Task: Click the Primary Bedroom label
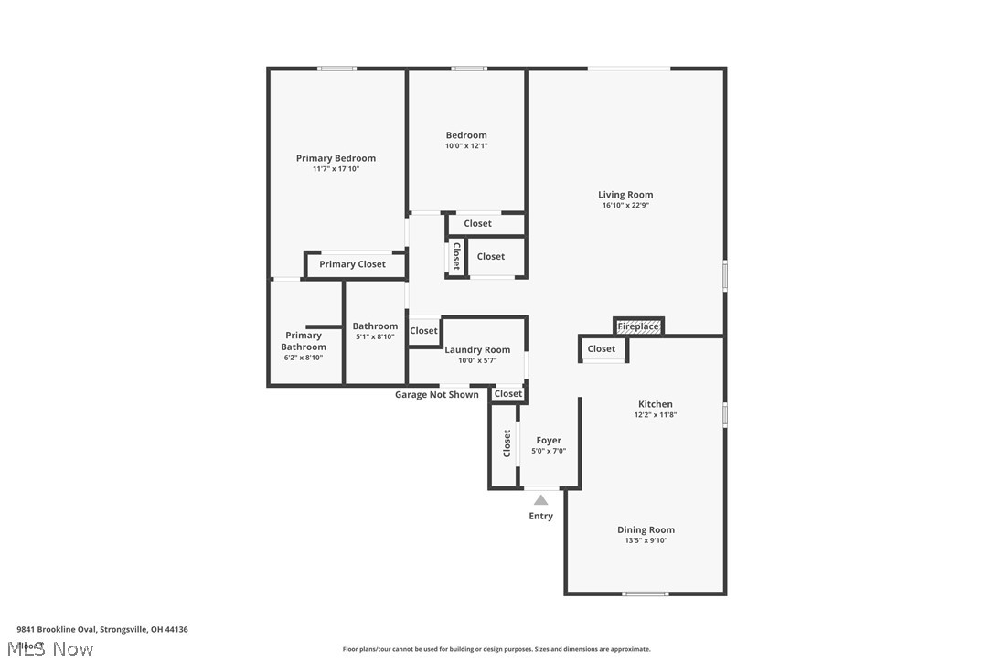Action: point(336,158)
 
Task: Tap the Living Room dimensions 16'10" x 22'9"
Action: point(625,206)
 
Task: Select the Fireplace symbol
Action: point(638,326)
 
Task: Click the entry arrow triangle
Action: point(541,499)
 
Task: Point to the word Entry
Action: point(541,516)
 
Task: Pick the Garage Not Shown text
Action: point(436,395)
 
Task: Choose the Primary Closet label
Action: point(352,264)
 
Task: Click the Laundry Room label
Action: point(477,349)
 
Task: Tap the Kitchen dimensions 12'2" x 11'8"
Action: point(655,415)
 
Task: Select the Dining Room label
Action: point(646,529)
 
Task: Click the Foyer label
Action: point(549,440)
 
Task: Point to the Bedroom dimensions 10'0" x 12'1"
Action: point(466,146)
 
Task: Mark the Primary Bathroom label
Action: point(304,341)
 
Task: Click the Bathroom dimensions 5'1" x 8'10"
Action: point(375,337)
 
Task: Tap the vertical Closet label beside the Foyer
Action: point(507,443)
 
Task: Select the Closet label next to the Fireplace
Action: point(602,348)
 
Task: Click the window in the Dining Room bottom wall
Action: point(646,594)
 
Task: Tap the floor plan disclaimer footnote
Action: point(496,649)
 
